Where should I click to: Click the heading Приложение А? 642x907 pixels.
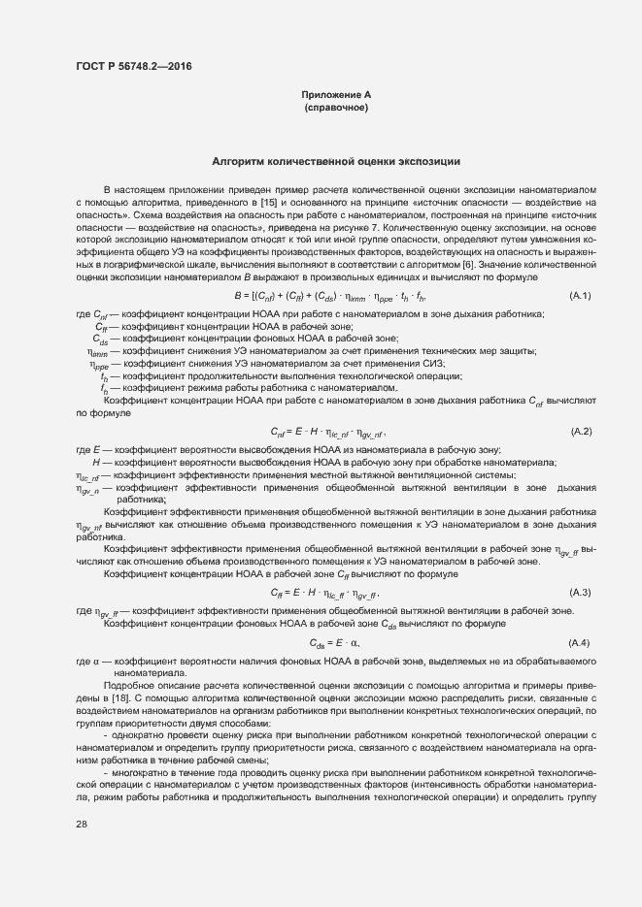tap(336, 95)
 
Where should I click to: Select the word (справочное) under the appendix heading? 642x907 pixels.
tap(336, 108)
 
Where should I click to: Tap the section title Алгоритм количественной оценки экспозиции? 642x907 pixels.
tap(336, 161)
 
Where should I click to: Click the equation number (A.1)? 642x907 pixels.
tap(580, 295)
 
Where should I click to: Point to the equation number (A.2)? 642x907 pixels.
tap(580, 431)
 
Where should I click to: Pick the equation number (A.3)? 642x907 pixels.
tap(580, 592)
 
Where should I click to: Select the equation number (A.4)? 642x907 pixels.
tap(580, 643)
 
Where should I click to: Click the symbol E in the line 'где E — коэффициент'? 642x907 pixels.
tap(97, 449)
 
